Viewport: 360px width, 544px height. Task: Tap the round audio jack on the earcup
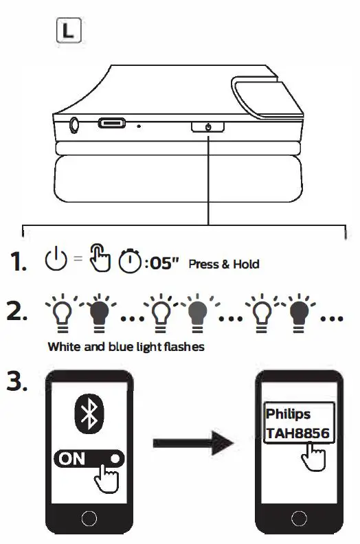pos(74,125)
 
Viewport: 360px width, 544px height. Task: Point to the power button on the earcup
pos(207,126)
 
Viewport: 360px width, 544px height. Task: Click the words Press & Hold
pos(224,264)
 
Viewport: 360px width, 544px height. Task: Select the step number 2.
pos(19,311)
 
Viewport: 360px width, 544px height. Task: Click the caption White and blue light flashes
pos(126,347)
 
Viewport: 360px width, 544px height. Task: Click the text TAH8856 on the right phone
pos(297,433)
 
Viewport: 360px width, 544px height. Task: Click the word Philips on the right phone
pos(288,415)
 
